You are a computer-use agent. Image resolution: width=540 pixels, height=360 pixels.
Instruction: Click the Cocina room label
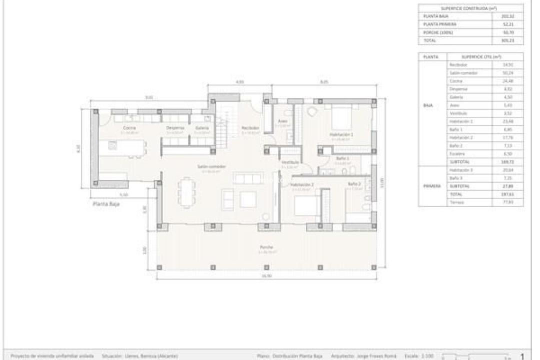click(129, 128)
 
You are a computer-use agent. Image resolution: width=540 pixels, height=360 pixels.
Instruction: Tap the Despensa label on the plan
click(175, 128)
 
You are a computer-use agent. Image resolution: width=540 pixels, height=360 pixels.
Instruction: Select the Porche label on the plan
click(266, 247)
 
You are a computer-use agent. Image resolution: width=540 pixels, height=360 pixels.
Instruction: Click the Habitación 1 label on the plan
click(341, 134)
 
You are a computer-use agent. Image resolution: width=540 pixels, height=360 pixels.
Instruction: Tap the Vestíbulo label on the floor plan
click(290, 162)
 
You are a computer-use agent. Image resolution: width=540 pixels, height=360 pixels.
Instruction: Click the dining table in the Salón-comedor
click(186, 192)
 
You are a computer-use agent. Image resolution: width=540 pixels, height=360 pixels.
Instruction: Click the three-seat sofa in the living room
click(247, 178)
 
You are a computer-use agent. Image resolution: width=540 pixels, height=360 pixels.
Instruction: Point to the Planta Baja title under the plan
click(106, 204)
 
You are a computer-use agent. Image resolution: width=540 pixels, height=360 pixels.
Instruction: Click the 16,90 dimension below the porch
click(266, 275)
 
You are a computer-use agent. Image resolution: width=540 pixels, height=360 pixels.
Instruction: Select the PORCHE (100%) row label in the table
click(438, 32)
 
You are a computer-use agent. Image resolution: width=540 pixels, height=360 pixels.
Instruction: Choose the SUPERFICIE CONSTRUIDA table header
click(470, 8)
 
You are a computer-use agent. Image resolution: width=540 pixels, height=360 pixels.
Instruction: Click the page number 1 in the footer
click(522, 356)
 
